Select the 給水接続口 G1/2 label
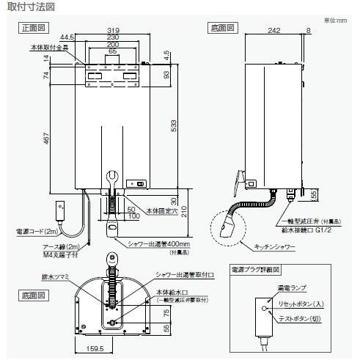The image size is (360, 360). pos(309,228)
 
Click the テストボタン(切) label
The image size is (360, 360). pos(308,317)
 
